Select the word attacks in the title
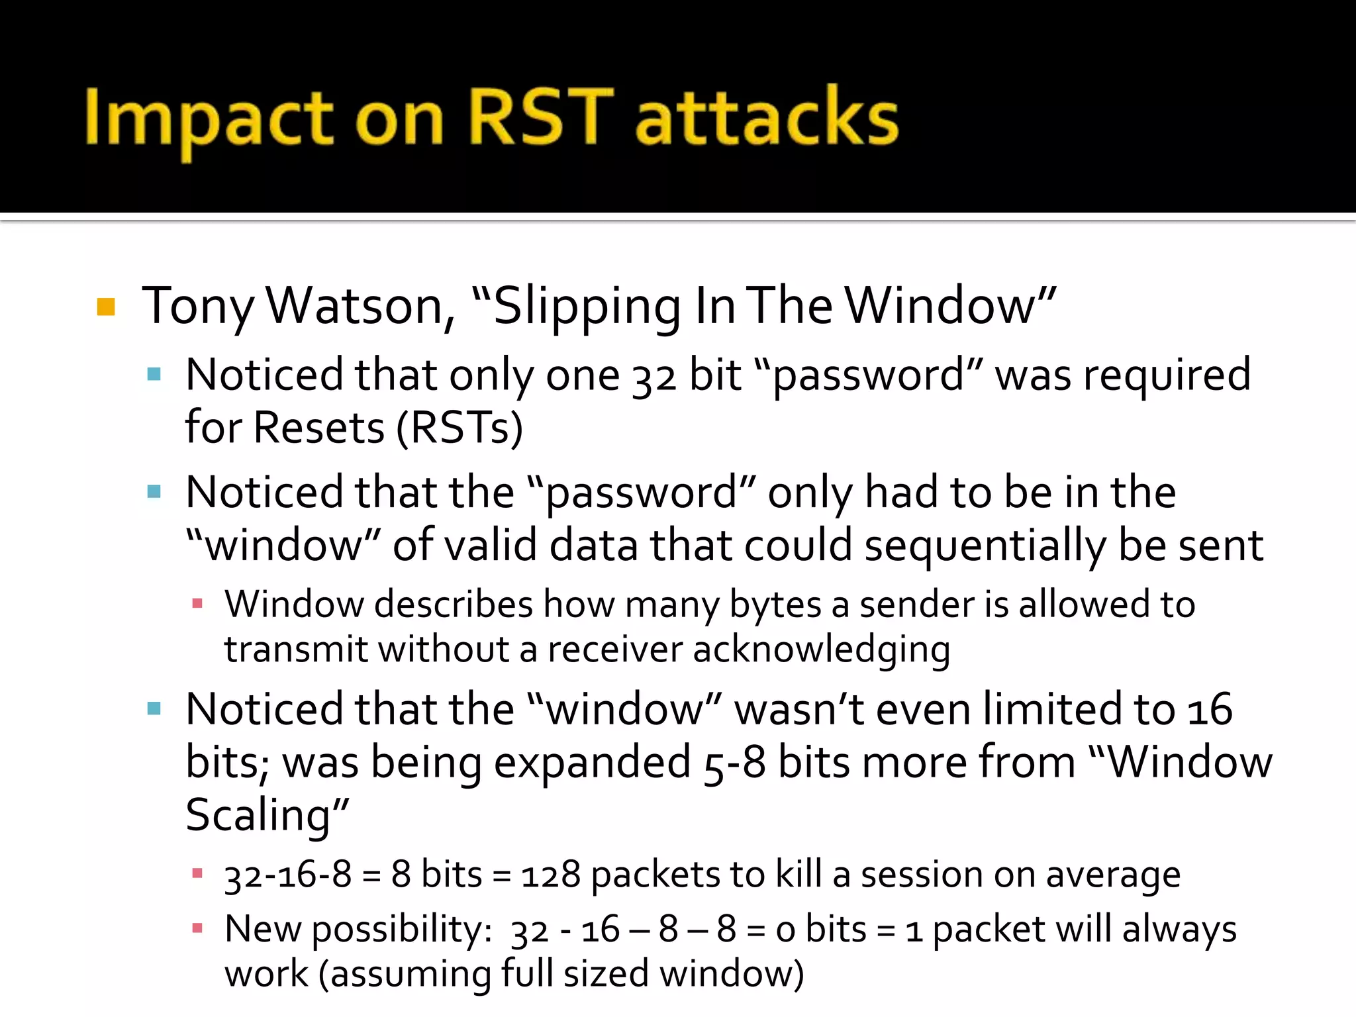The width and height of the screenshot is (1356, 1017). pos(767,118)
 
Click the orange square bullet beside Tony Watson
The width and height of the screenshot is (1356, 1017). pos(106,307)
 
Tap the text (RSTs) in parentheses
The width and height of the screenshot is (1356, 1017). pos(460,428)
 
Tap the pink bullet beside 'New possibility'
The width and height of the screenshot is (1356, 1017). pos(197,928)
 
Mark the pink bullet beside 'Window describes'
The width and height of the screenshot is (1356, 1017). pos(197,603)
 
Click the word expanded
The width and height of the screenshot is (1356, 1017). pos(592,763)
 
